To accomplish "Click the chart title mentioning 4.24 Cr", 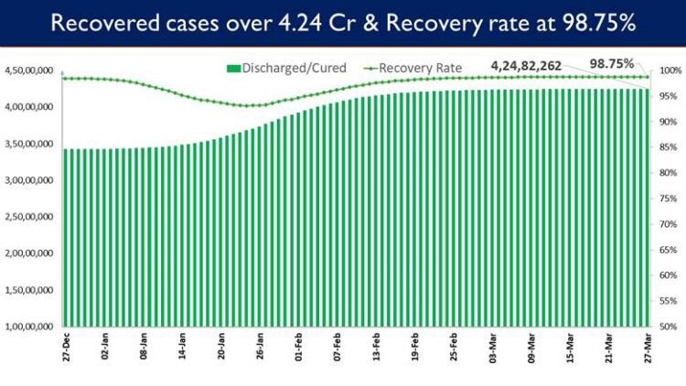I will click(343, 24).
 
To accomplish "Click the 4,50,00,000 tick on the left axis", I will click(30, 71).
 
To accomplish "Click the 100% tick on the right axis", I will click(670, 71).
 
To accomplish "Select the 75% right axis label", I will click(670, 198).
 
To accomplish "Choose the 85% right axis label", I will click(670, 147).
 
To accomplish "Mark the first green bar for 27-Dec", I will click(64, 238).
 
